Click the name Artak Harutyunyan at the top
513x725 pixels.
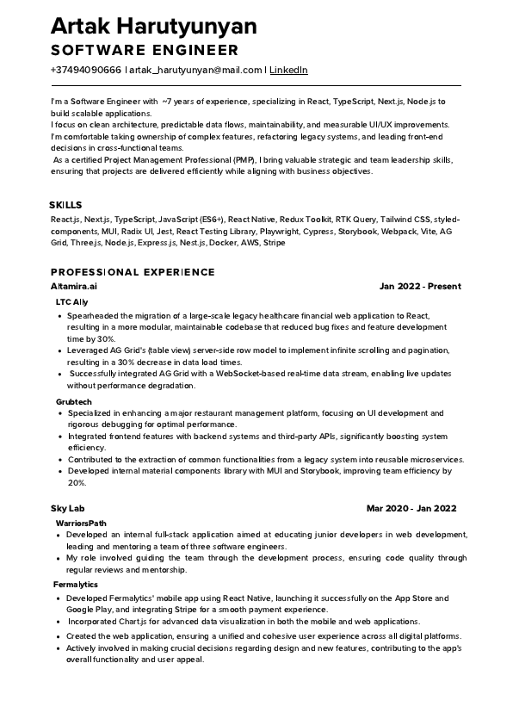pos(153,27)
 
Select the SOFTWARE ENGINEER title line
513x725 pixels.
pos(144,50)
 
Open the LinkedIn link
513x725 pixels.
pos(288,70)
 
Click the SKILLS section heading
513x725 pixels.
pos(65,205)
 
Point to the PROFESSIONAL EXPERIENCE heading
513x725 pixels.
pos(133,272)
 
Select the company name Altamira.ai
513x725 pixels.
pos(74,286)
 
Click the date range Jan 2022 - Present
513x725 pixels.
pos(420,286)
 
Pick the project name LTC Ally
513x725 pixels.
pos(71,302)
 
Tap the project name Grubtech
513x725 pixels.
pos(73,401)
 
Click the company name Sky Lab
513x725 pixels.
pos(67,508)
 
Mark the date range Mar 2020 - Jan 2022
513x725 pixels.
pos(411,508)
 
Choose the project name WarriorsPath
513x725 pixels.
pos(81,523)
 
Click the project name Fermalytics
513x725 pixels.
pos(75,585)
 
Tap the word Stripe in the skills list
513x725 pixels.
pos(274,243)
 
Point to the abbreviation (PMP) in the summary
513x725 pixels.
pos(243,160)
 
